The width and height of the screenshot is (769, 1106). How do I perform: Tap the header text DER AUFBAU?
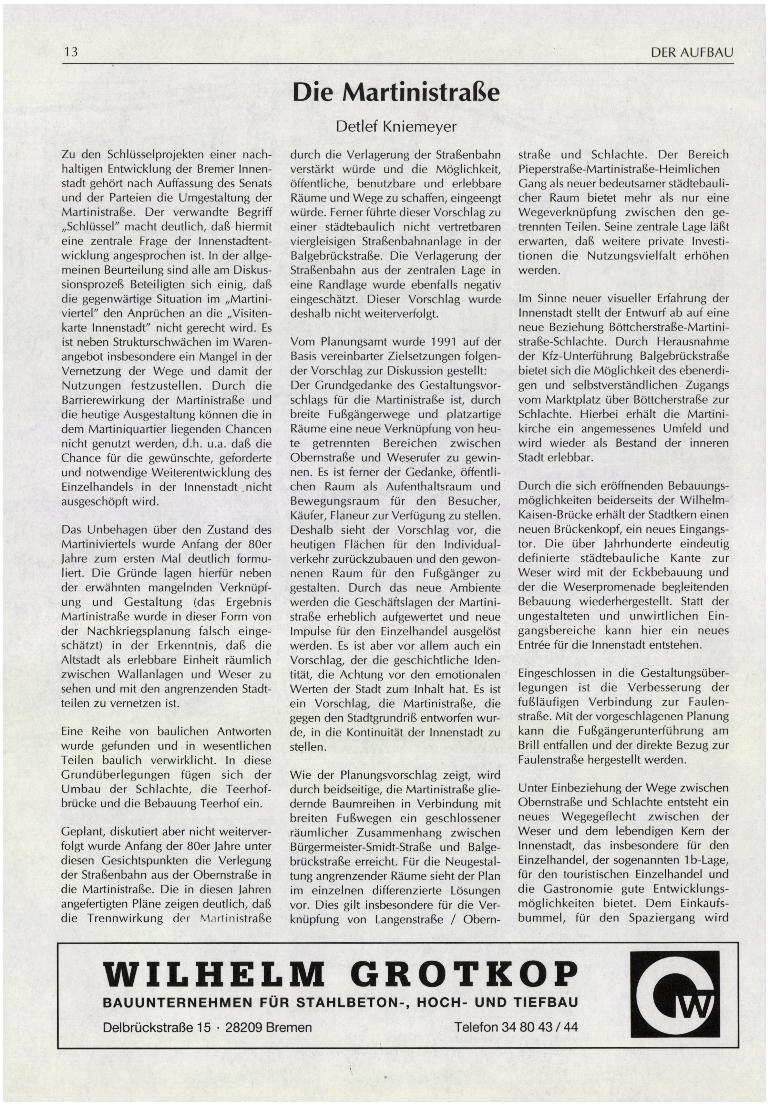point(692,53)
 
